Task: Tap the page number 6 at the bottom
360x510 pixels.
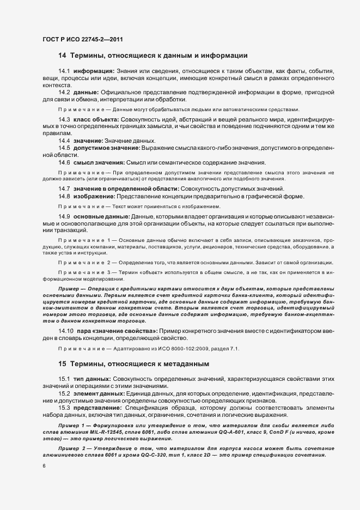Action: [x=44, y=466]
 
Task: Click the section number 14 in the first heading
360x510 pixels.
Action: [x=62, y=55]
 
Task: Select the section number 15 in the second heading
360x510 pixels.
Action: [x=62, y=363]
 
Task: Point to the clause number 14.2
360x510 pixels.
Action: [x=64, y=92]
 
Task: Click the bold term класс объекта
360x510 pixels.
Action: [x=96, y=119]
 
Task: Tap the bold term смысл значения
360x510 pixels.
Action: [x=99, y=162]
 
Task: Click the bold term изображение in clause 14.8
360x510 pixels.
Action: [x=94, y=196]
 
